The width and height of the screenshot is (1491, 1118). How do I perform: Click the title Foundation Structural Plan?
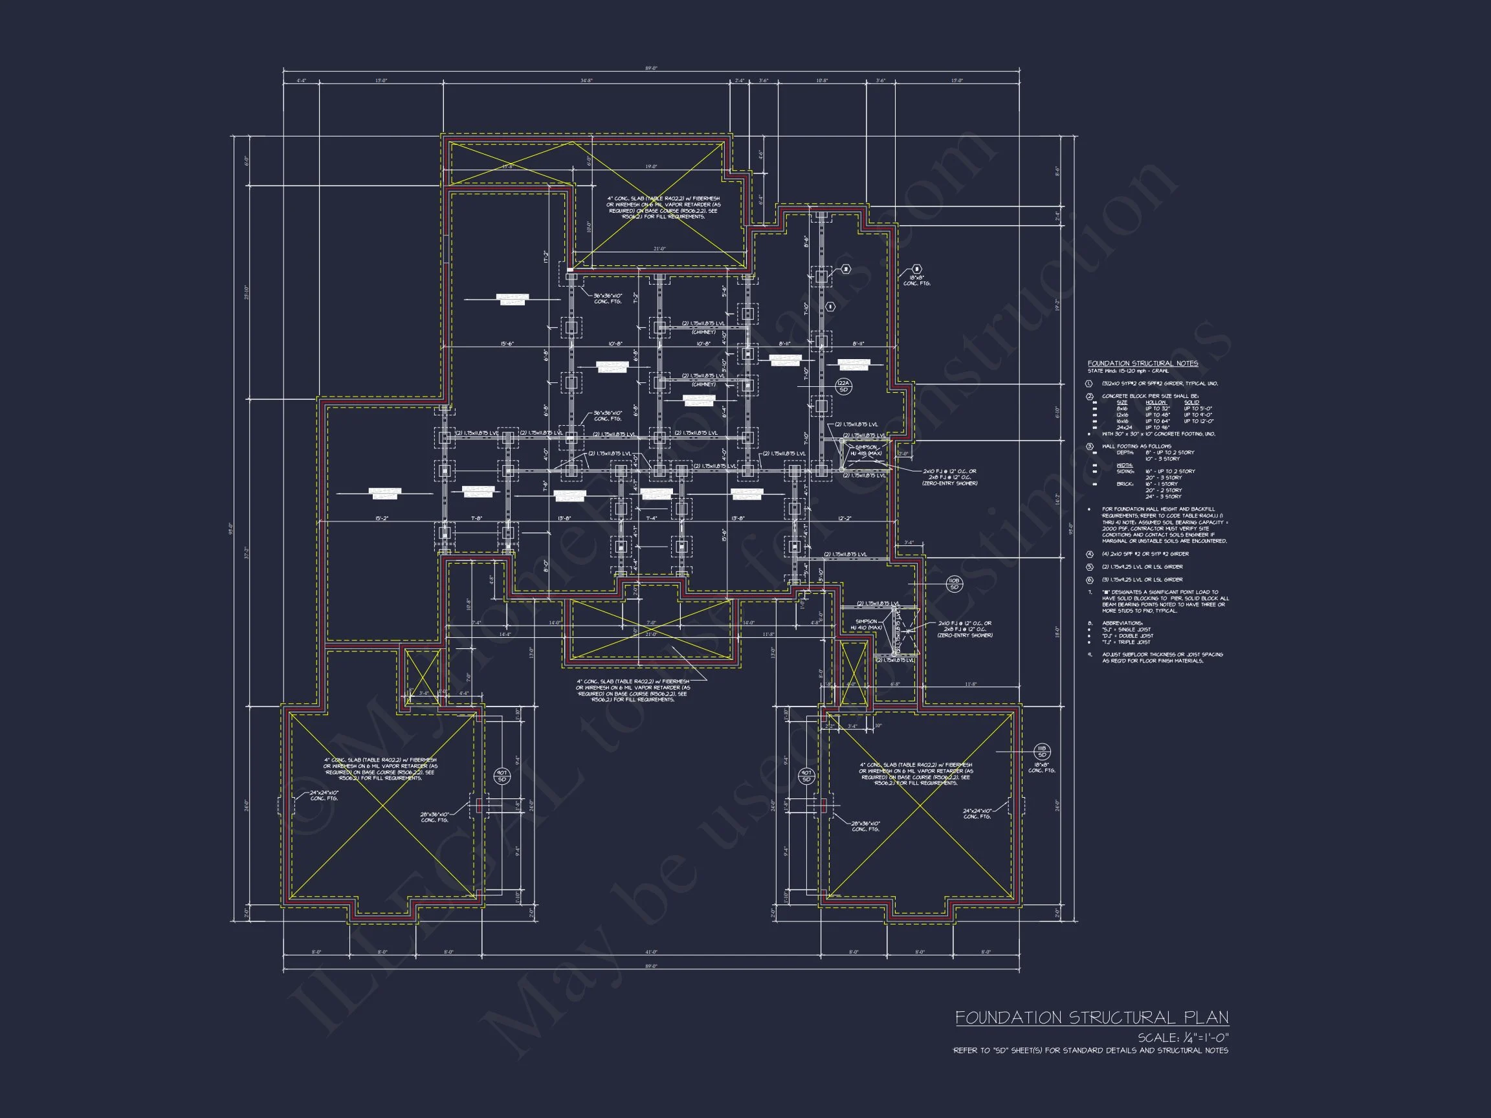[x=1091, y=1017]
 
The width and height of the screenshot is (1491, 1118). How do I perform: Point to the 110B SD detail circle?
[x=954, y=584]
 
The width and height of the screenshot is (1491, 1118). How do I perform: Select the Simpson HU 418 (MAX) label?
[x=866, y=450]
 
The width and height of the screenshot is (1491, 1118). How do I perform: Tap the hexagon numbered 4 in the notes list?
[x=1089, y=554]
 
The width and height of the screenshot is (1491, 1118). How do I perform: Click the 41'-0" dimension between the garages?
[x=650, y=952]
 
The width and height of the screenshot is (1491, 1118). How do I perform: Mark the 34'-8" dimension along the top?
[x=586, y=81]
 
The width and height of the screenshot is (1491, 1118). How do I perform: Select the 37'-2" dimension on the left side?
[x=246, y=553]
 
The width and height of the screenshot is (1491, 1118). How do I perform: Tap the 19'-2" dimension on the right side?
[x=1057, y=304]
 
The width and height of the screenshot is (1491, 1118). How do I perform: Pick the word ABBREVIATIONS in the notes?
[x=1122, y=622]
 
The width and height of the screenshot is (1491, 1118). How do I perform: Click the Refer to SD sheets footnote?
[x=1090, y=1051]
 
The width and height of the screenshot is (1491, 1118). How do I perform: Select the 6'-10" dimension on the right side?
[x=1057, y=411]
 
